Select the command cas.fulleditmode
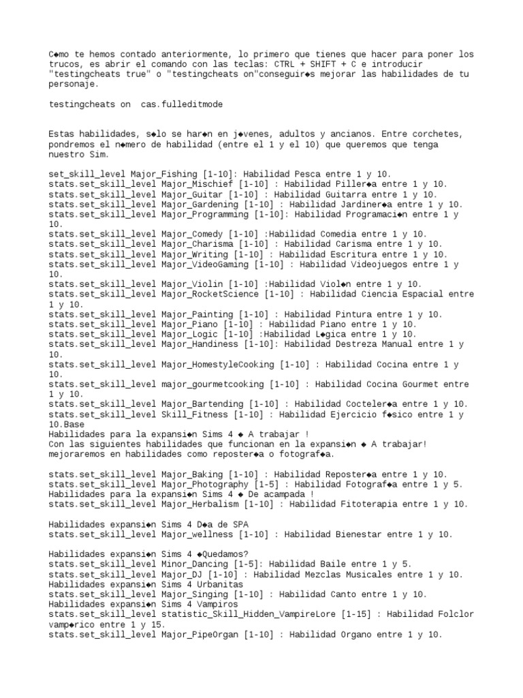click(181, 104)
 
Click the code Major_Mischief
click(196, 184)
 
